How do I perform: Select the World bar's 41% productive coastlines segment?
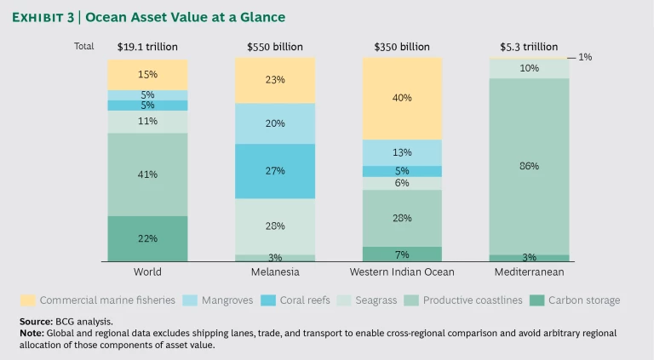click(x=147, y=174)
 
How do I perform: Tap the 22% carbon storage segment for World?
click(x=147, y=238)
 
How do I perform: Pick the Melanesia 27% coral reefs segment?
click(x=275, y=170)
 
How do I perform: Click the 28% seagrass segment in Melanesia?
click(x=275, y=226)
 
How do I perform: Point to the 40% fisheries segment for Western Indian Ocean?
click(x=402, y=98)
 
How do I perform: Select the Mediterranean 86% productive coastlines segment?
click(x=529, y=166)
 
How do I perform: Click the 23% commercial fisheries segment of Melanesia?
click(x=275, y=80)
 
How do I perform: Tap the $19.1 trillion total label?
click(x=147, y=47)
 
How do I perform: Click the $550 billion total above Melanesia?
click(x=275, y=47)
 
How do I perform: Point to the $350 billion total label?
click(x=402, y=47)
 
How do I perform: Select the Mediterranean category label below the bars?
click(x=529, y=272)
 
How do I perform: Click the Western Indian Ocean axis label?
click(x=402, y=272)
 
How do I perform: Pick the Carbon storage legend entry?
click(x=576, y=300)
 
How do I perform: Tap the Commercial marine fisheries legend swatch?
click(x=29, y=300)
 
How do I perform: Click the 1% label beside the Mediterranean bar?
click(x=585, y=57)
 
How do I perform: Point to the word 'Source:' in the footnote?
click(x=37, y=321)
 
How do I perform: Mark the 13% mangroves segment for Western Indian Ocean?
click(x=402, y=152)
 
